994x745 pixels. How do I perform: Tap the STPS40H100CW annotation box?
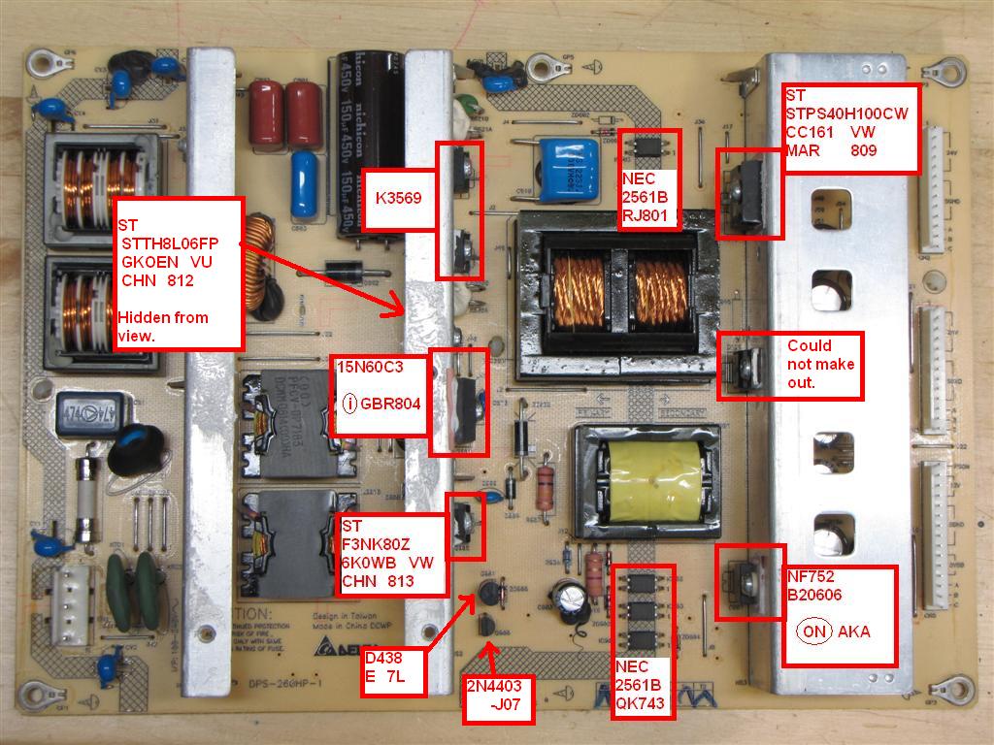tap(851, 128)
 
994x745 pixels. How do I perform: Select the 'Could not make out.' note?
tap(822, 366)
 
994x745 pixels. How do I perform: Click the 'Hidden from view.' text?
tap(164, 326)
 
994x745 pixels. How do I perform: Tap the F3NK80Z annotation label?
tap(393, 553)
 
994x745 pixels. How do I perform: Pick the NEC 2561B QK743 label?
tap(643, 685)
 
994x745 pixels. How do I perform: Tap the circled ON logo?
tap(814, 632)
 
